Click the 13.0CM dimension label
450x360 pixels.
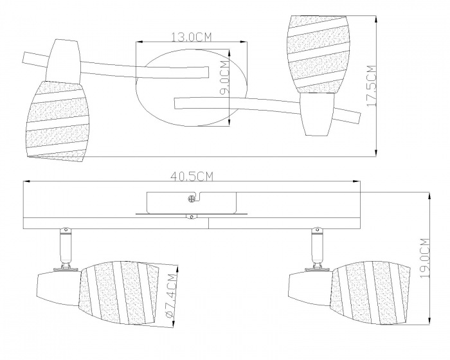tap(191, 37)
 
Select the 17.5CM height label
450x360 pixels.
tap(372, 86)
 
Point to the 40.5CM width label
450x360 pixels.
tap(192, 177)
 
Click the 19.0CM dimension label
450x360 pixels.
tap(424, 258)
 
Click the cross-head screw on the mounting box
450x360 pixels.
tap(191, 199)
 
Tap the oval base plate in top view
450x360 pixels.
tap(191, 88)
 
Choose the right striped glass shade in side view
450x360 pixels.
tap(370, 293)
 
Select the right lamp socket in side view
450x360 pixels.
tap(310, 288)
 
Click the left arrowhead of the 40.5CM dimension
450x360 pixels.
tap(27, 181)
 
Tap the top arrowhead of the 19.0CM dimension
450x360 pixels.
tap(429, 196)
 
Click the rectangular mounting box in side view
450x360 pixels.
tap(192, 203)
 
